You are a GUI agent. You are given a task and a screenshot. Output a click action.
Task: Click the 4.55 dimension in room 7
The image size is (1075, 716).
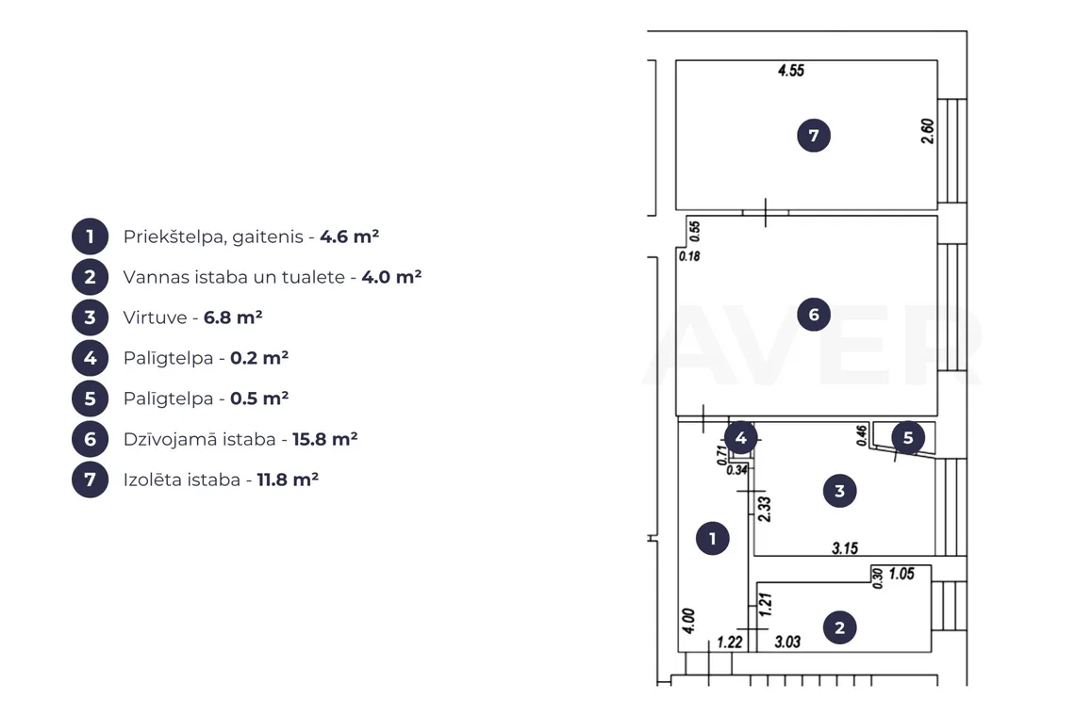pos(790,71)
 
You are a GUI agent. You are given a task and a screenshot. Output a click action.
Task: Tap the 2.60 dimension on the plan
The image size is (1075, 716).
pos(927,131)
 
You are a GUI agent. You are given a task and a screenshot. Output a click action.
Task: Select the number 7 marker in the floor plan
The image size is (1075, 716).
pos(814,136)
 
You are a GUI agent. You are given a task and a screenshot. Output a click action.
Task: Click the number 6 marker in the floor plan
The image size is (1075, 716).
pos(814,315)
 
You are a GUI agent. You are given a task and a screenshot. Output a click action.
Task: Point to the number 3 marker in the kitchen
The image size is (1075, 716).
pos(840,491)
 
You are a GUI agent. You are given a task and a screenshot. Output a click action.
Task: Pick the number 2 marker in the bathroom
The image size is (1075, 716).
pos(840,627)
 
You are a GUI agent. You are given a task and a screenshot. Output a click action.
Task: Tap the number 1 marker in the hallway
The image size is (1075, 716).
pos(712,539)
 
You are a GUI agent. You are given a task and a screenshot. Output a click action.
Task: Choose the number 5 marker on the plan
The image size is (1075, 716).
pos(908,438)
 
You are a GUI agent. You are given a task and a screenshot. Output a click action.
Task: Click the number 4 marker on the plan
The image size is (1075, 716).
pos(740,438)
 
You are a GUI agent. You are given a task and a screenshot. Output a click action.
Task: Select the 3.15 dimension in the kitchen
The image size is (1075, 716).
pos(845,548)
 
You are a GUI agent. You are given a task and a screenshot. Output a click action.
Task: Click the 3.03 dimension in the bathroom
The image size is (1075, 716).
pos(787,642)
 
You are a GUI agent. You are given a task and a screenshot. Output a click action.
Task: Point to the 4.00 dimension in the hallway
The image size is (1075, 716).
pos(689,621)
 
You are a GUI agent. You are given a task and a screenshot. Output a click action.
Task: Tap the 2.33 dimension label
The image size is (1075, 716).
pos(765,509)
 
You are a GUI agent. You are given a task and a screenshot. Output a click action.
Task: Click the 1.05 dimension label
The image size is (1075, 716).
pos(901,574)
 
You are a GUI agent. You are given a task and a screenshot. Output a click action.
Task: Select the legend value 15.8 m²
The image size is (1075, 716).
pos(325,438)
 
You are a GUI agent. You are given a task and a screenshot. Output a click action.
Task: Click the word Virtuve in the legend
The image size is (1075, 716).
pos(155,317)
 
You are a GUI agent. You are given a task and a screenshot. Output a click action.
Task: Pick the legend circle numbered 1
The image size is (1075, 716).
pos(90,236)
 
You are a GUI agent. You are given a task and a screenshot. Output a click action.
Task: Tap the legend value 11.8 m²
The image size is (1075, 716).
pos(288,479)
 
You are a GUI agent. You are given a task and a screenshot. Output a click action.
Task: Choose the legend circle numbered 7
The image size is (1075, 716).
pos(90,479)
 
